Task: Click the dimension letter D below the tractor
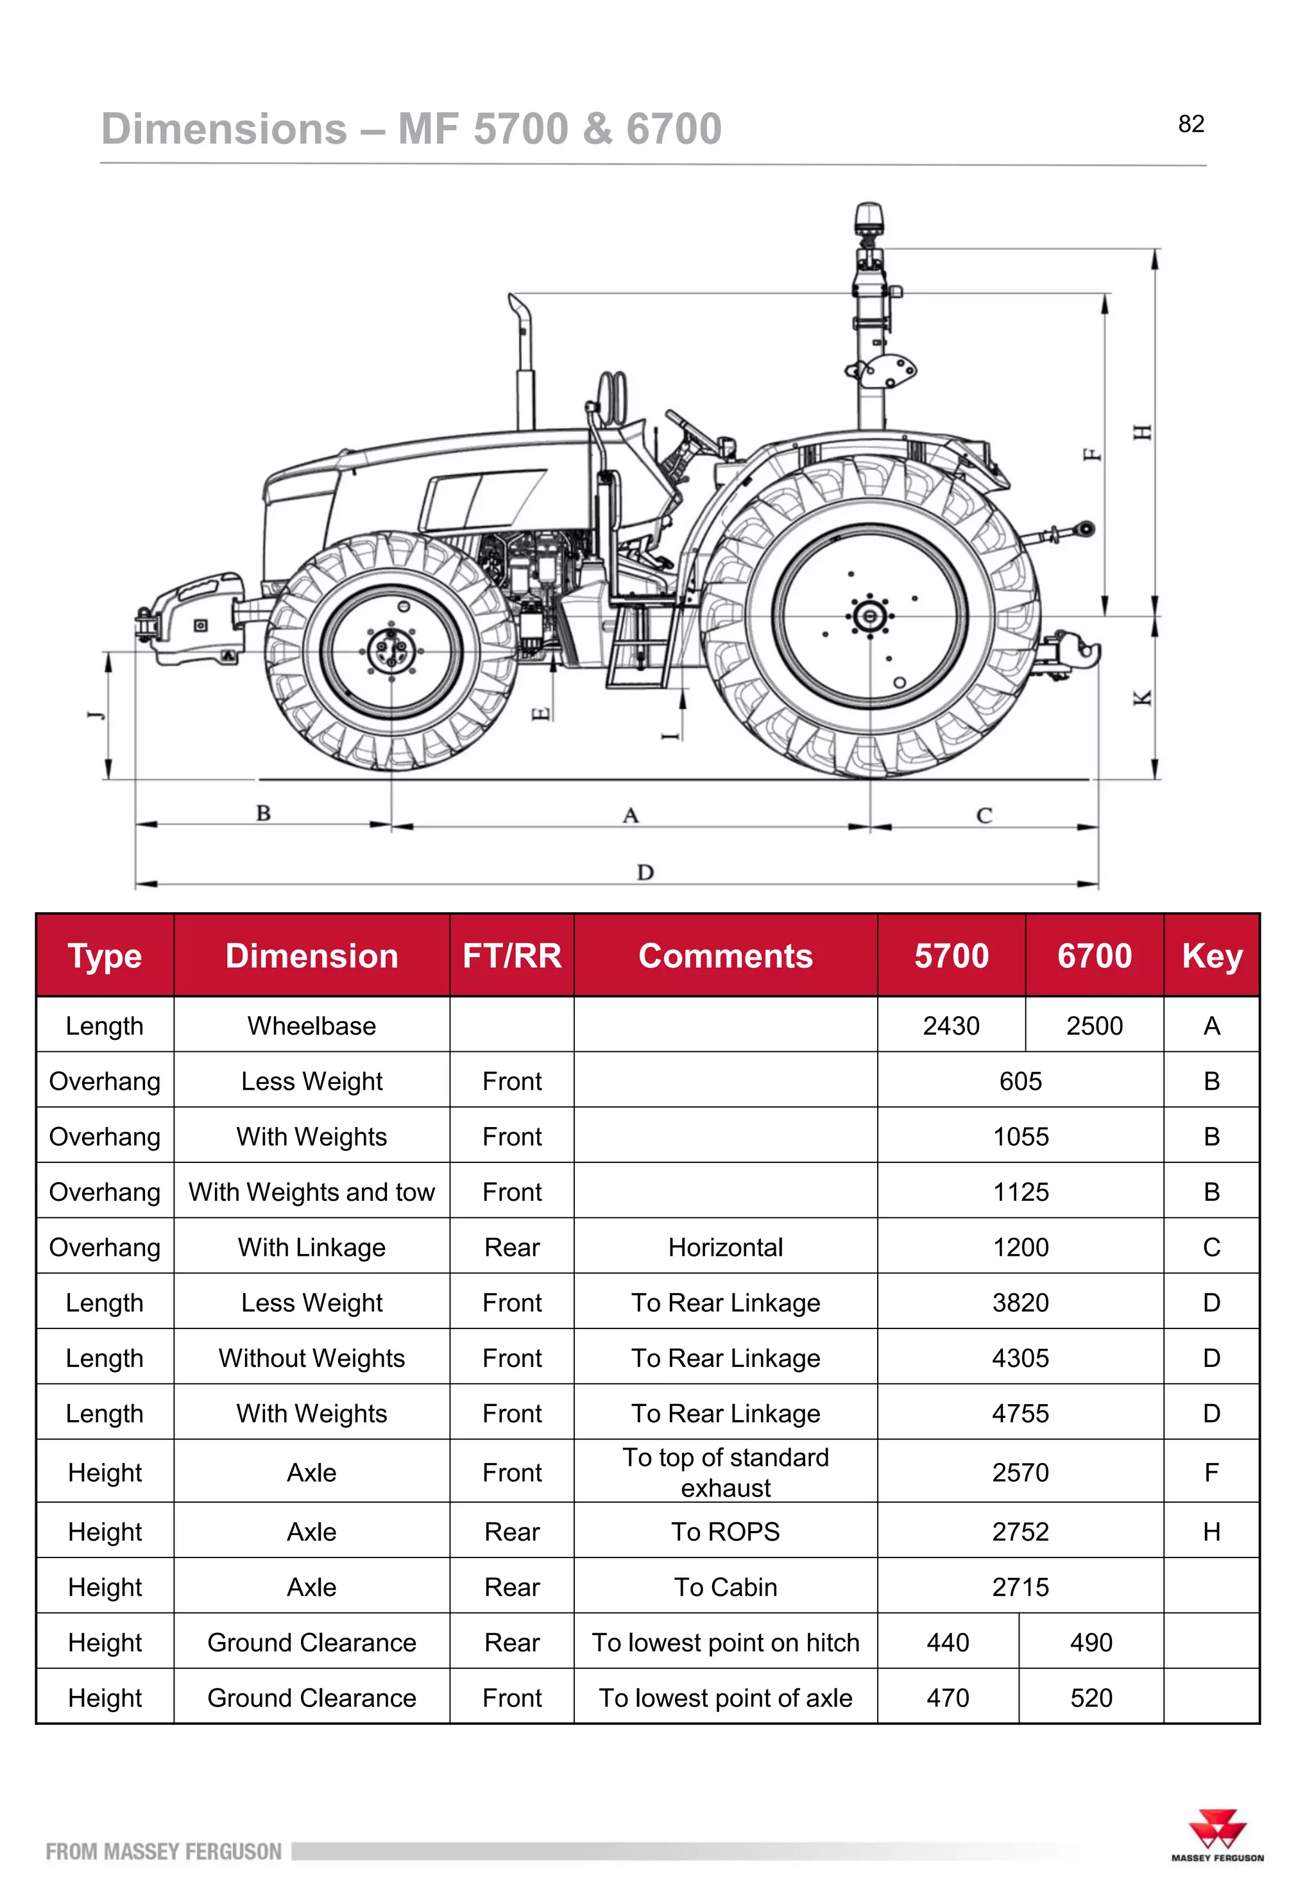pos(645,872)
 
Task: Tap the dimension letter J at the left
pos(97,715)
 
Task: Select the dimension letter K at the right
pos(1142,698)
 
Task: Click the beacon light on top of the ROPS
pos(868,217)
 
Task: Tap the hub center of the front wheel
pos(391,650)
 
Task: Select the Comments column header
pos(726,956)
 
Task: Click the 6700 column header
pos(1094,956)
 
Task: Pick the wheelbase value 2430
pos(951,1026)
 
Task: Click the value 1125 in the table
pos(1020,1192)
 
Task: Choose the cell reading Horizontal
pos(726,1247)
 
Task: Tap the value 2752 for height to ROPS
pos(1020,1531)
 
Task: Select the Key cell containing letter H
pos(1211,1531)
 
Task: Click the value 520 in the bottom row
pos(1091,1697)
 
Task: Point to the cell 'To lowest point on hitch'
pos(726,1642)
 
